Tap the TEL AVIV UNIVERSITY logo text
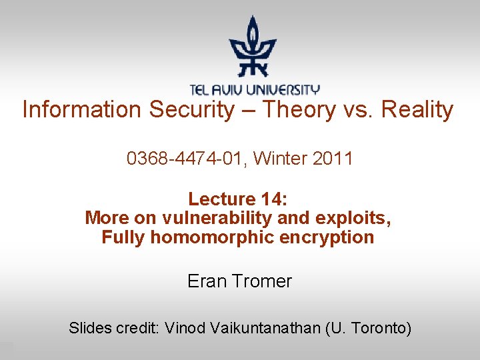point(254,89)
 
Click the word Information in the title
point(82,110)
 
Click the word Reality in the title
point(417,110)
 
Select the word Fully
point(123,238)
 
